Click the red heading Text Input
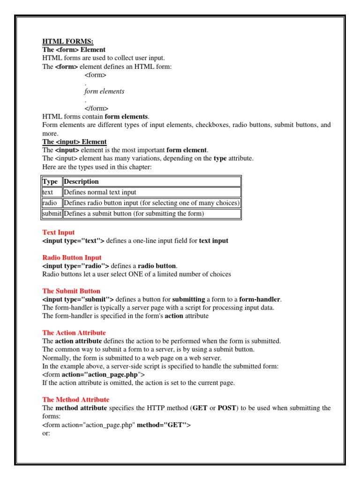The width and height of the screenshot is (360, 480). (x=58, y=232)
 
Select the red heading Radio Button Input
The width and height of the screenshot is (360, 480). (x=72, y=258)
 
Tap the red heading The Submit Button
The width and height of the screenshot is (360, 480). (x=71, y=291)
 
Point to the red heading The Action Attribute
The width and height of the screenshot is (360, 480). (x=74, y=333)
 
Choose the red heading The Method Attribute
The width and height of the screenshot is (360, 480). (x=75, y=400)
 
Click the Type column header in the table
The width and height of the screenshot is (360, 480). (x=50, y=182)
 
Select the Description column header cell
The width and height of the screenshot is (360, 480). (x=81, y=182)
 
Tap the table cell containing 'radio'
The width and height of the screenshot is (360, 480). (x=49, y=203)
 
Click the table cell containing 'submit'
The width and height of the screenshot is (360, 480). (x=52, y=214)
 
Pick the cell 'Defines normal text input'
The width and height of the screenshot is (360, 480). (x=100, y=192)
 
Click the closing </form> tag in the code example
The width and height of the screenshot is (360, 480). (x=97, y=108)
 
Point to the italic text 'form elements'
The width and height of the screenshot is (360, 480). (x=104, y=91)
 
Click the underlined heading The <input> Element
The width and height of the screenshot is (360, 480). (x=75, y=142)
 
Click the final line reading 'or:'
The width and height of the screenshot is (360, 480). (x=46, y=433)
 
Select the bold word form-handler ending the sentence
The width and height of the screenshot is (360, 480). (x=260, y=300)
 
